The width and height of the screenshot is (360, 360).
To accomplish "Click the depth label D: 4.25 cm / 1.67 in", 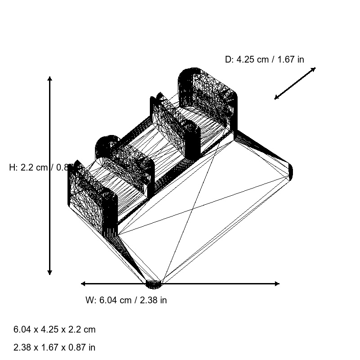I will point(264,59).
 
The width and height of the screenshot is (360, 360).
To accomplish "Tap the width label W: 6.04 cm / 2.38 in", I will point(126,300).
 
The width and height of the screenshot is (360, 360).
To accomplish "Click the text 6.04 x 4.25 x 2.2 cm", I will point(54,329).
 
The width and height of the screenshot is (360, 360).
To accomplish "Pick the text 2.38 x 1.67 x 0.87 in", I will point(54,347).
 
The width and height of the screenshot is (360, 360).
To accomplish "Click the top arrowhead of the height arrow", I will point(49,79).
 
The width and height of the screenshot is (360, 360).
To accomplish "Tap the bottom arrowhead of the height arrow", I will point(49,272).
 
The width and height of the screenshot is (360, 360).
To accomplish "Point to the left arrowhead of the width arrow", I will point(83,283).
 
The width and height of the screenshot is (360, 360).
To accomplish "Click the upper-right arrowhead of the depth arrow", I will point(314,69).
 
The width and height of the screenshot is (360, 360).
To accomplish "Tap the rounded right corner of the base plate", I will point(290,171).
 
